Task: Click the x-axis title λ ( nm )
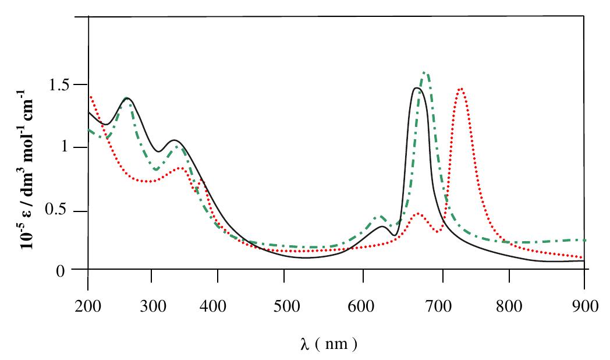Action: pos(328,344)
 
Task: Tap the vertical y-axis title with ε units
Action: pos(28,169)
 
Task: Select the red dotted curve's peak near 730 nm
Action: pos(461,89)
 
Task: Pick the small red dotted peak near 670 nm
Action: pos(417,214)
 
